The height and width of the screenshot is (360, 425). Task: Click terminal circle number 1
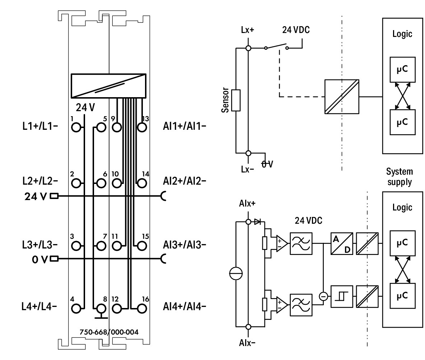[x=76, y=127]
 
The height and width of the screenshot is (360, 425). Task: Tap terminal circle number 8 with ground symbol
[x=101, y=309]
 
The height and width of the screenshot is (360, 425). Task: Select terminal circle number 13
[x=142, y=127]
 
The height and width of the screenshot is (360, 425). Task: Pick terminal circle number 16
[x=142, y=309]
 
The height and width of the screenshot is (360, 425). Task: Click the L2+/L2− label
[x=40, y=181]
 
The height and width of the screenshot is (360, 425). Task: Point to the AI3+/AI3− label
[x=185, y=245]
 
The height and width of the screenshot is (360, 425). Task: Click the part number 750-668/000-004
[x=109, y=332]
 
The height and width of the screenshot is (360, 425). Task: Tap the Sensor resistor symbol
[x=236, y=100]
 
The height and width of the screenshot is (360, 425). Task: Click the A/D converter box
[x=342, y=243]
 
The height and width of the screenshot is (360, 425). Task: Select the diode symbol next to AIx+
[x=257, y=222]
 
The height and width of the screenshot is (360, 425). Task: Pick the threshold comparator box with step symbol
[x=342, y=297]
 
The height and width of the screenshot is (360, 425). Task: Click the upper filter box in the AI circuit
[x=301, y=243]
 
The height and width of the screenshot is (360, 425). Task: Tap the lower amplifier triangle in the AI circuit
[x=282, y=305]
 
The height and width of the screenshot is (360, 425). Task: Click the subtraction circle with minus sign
[x=323, y=297]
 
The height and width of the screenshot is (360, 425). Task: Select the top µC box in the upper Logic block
[x=402, y=70]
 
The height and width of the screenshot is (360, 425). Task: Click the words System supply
[x=400, y=177]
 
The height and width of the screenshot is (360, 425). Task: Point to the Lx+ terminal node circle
[x=248, y=48]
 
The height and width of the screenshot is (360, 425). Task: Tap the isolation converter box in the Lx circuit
[x=342, y=96]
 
